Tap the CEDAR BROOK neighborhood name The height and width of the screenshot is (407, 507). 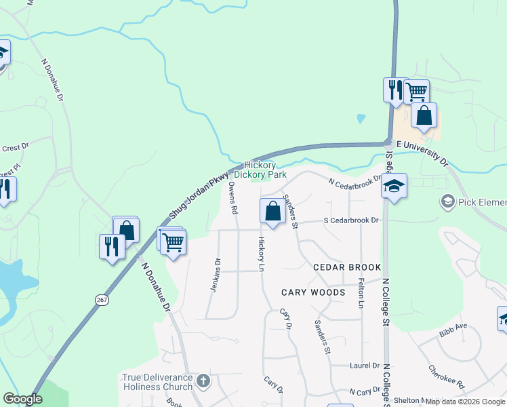coord(347,267)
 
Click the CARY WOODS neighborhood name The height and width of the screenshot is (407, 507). coord(313,292)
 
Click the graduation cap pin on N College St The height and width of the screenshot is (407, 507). coord(394,187)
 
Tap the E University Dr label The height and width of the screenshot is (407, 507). coord(422,153)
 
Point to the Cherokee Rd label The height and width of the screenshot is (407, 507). coord(445,377)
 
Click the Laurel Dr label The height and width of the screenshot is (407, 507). coord(365,366)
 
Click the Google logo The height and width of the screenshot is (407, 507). coord(22,399)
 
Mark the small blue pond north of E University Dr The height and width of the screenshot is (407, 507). coord(361,118)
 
